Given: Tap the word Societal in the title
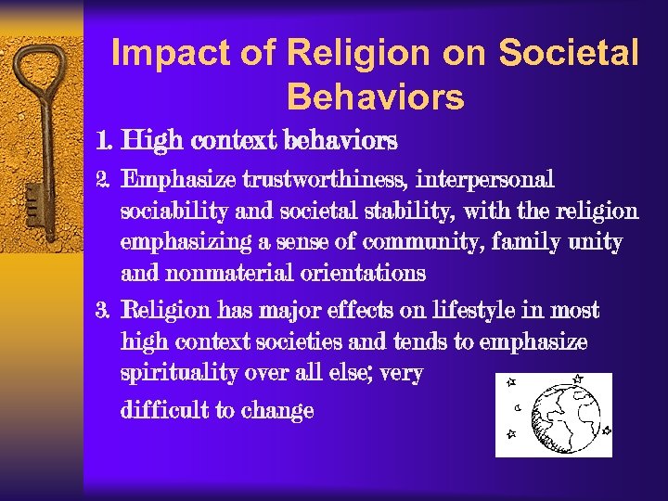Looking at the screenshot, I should click(x=569, y=54).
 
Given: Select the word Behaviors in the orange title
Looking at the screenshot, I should click(x=375, y=96).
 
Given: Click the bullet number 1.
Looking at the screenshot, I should click(x=104, y=142).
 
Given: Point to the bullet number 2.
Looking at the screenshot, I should click(x=103, y=178).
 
